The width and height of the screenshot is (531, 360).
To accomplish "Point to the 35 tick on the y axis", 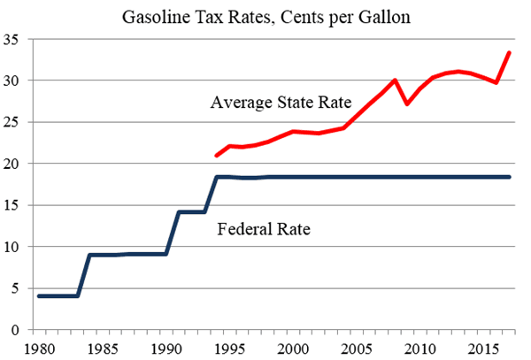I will [12, 39].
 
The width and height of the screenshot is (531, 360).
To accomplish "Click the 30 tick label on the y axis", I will [12, 80].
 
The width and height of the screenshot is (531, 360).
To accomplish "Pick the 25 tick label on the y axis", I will [12, 122].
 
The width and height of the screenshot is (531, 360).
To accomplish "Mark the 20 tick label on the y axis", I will [12, 164].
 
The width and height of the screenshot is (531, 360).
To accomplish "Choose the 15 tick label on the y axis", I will [12, 205].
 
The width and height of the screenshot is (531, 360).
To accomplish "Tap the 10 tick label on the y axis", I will [12, 247].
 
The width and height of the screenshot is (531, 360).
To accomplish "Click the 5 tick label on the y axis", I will [16, 288].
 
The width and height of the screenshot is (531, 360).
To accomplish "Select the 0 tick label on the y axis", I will [16, 330].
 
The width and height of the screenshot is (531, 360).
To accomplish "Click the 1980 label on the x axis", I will [38, 346].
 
